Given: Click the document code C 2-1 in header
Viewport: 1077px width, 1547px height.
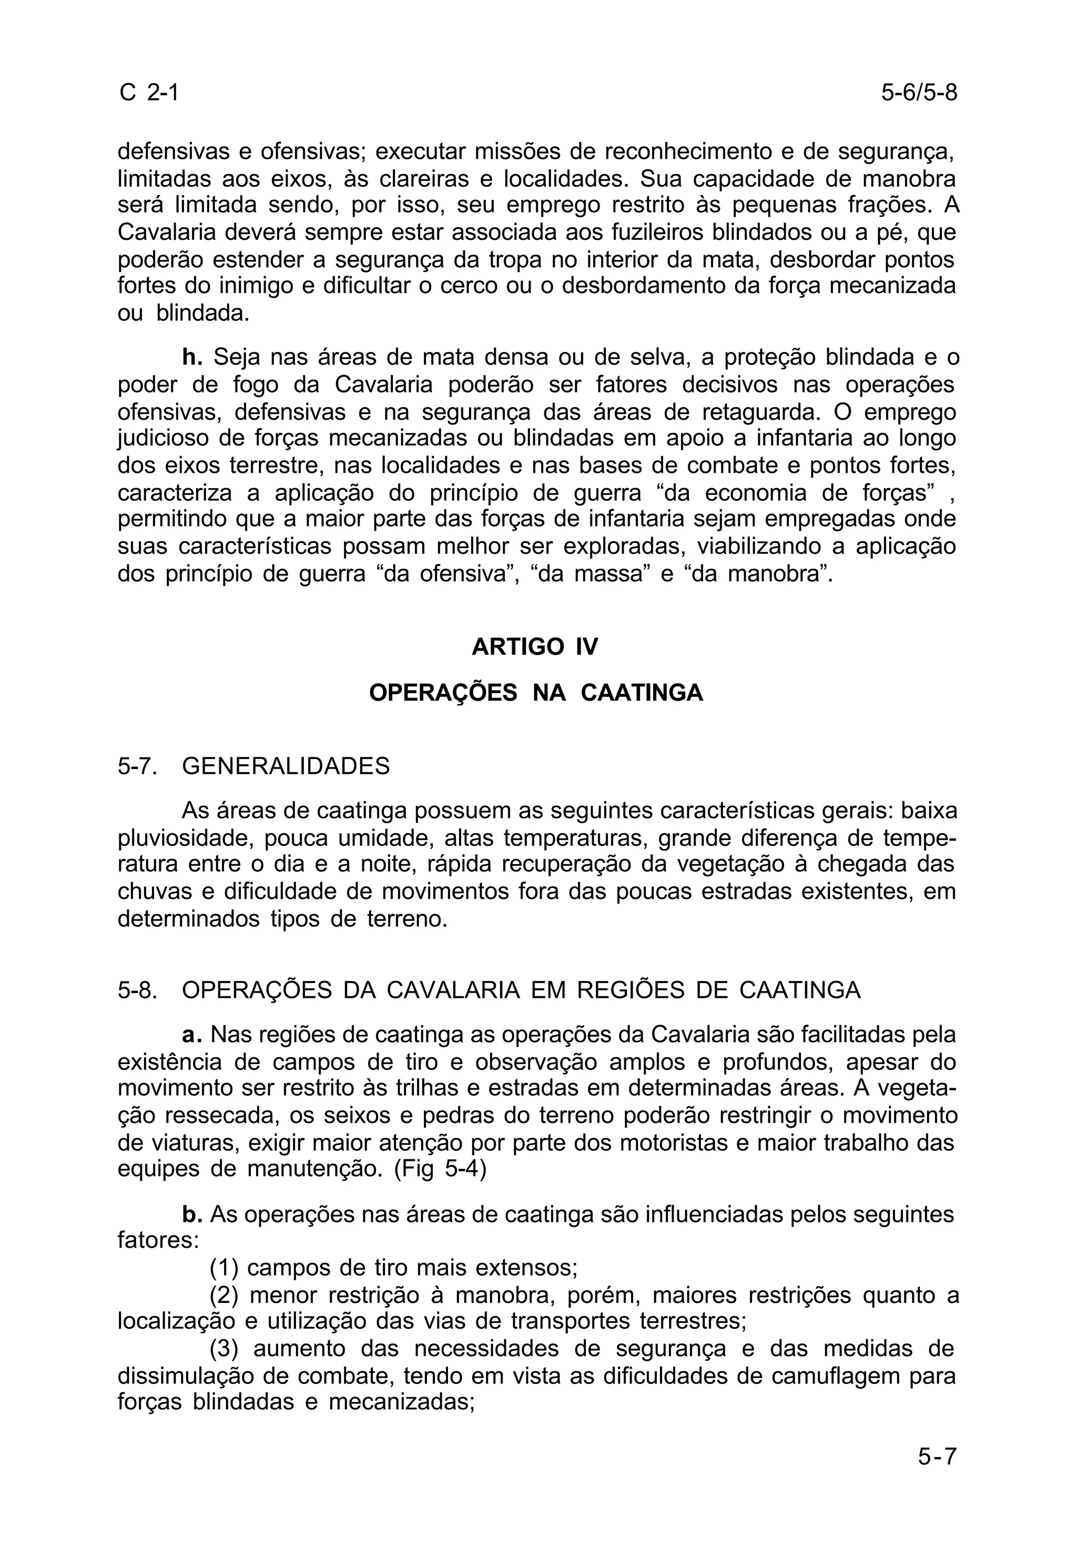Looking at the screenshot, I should pos(149,92).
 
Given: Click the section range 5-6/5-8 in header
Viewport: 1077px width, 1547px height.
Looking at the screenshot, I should pos(919,92).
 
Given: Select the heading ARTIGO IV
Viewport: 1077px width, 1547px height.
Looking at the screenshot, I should pos(535,647).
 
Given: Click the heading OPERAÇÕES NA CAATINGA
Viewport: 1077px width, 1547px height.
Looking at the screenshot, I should pos(536,693).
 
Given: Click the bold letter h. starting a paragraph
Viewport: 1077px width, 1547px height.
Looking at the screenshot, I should pos(192,357).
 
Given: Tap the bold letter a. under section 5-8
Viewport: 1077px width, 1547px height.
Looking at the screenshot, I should pos(192,1034).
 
